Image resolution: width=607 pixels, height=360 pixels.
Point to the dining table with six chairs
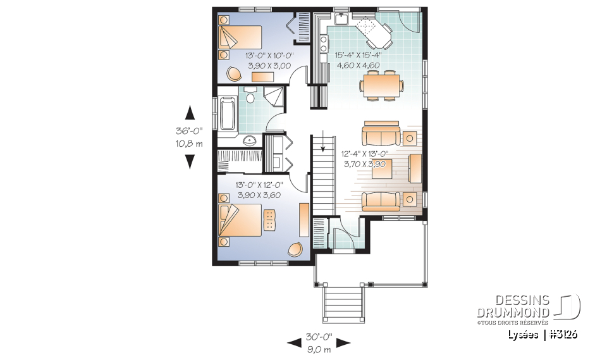pyautogui.click(x=381, y=85)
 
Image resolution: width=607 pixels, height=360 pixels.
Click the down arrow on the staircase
pyautogui.click(x=323, y=142)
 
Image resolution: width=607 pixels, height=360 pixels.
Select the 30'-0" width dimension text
pyautogui.click(x=319, y=337)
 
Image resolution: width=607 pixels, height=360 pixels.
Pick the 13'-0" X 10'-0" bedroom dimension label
pyautogui.click(x=266, y=55)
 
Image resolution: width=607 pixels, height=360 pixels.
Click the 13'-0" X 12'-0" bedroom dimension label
pyautogui.click(x=258, y=184)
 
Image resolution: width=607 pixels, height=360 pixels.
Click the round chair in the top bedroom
pyautogui.click(x=234, y=73)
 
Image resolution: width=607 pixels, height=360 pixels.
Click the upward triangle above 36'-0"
pyautogui.click(x=189, y=113)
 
